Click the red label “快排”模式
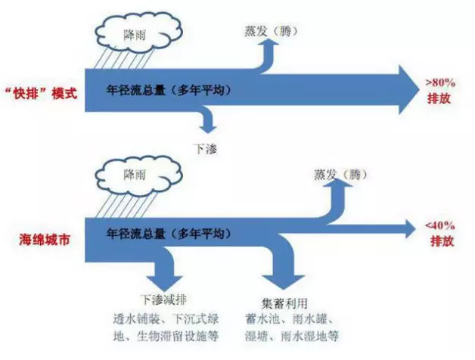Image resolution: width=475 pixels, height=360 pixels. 41,93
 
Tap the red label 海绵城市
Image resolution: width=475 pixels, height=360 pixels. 44,240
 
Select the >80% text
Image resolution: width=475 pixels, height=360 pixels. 440,82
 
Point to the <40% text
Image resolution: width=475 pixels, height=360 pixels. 440,225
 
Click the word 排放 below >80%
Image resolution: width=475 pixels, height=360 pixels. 439,98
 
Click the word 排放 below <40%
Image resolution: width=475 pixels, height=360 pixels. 442,241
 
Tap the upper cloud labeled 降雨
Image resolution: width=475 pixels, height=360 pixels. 139,33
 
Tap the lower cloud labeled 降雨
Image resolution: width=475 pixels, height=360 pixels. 139,175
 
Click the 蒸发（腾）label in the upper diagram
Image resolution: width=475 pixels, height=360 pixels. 271,31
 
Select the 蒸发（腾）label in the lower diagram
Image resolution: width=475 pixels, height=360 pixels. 340,175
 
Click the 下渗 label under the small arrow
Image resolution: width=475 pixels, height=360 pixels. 206,148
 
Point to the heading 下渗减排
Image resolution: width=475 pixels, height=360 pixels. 164,299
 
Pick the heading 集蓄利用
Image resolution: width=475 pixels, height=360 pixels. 284,303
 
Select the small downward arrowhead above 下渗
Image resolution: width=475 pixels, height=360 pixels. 208,128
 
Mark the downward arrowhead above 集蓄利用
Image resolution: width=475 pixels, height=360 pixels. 283,282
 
